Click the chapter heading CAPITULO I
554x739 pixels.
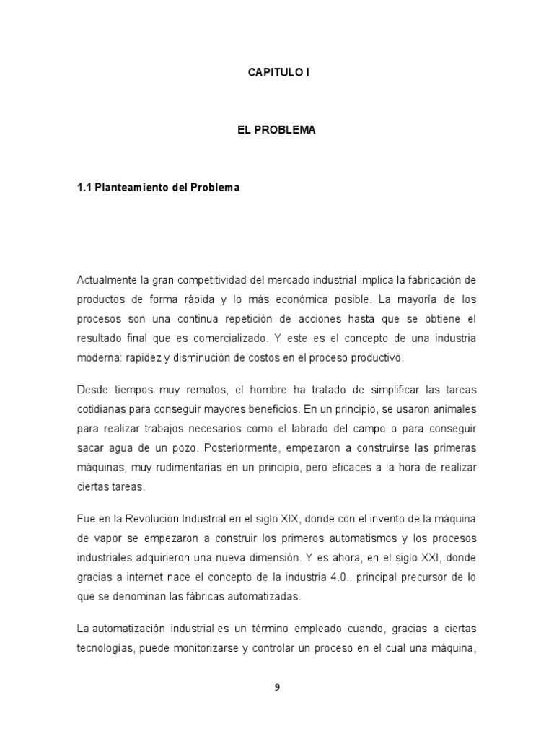point(277,72)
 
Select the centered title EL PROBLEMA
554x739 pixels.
point(277,131)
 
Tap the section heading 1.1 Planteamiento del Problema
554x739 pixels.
point(157,188)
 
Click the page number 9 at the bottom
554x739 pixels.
point(277,687)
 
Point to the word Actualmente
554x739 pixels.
point(105,279)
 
